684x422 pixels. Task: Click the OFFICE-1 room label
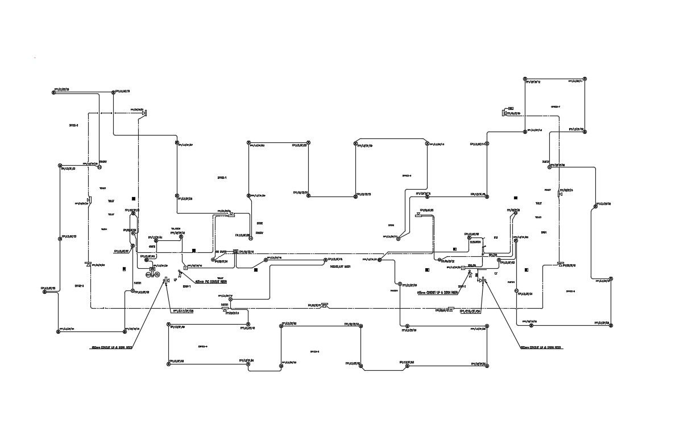tap(222, 178)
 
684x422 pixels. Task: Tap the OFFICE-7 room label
tap(556, 106)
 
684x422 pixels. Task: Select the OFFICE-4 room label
tap(202, 346)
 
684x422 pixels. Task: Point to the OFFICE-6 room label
tap(407, 175)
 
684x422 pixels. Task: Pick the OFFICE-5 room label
tap(314, 351)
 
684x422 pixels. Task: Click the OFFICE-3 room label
tap(73, 125)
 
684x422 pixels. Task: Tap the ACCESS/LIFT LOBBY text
tap(340, 266)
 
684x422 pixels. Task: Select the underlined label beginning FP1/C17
tap(183, 311)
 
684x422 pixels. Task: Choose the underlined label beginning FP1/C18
tap(471, 311)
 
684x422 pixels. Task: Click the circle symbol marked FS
tap(157, 275)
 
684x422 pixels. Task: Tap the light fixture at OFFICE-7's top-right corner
tap(584, 79)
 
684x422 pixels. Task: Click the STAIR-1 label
tap(186, 286)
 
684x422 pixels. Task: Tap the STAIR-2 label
tap(462, 286)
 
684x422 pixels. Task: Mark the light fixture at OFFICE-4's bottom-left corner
tap(169, 362)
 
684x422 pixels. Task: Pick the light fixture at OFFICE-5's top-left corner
tap(281, 325)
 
